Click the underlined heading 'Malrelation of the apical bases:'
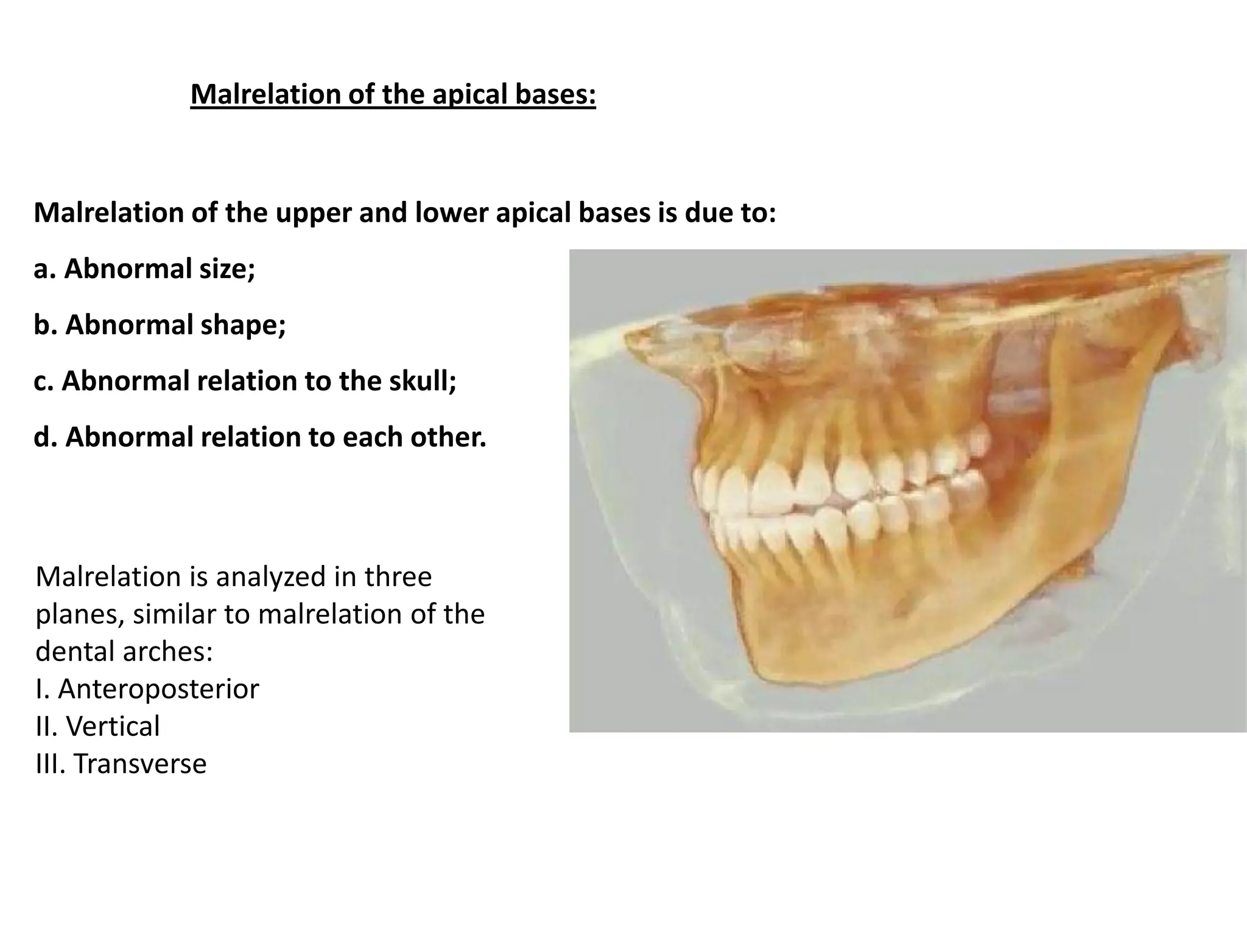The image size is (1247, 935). (x=393, y=94)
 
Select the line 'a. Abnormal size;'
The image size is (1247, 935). (x=144, y=268)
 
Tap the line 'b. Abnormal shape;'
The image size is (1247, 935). (x=160, y=324)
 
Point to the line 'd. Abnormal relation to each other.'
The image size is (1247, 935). (x=260, y=437)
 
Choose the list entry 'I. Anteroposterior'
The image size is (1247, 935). (x=147, y=689)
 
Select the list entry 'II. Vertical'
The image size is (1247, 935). (x=98, y=726)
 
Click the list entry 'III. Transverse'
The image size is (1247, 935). (x=121, y=764)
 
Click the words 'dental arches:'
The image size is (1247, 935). (x=124, y=651)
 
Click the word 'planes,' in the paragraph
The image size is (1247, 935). (x=80, y=615)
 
